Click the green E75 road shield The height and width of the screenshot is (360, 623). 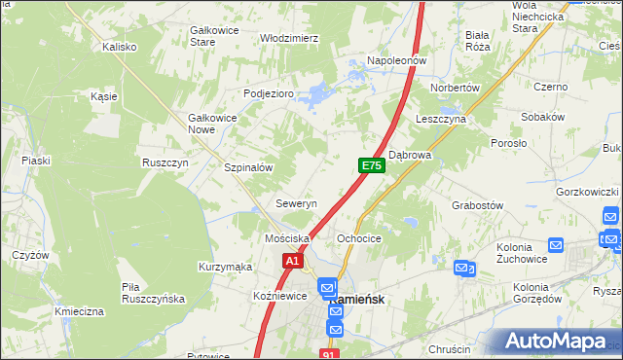point(371,166)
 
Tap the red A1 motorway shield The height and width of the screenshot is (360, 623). point(293,261)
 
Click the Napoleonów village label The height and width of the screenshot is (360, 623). point(397,60)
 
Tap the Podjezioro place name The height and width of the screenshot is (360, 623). point(268,93)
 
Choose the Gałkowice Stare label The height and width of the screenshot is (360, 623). point(215,36)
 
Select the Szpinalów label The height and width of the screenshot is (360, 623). point(248,167)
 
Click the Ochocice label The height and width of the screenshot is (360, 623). point(358,238)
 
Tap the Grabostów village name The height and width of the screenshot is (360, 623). point(477,205)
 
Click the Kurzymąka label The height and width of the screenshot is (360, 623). point(226,267)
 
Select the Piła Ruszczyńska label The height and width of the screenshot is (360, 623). point(153,293)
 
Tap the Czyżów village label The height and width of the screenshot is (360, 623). point(30,255)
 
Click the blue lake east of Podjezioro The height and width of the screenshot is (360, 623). point(314,96)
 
